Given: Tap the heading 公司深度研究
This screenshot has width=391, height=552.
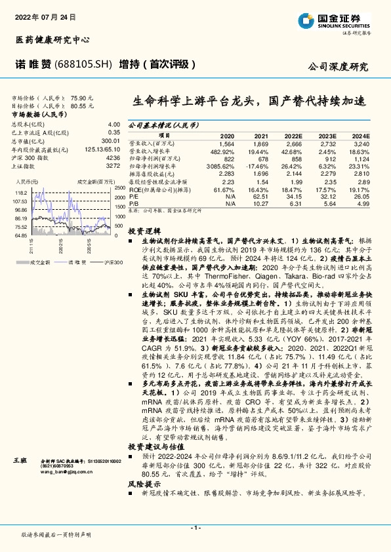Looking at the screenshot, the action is (x=338, y=67).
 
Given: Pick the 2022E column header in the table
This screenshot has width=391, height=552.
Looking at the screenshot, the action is (x=295, y=135).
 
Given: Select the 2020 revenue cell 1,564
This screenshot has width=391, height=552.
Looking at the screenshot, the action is (x=226, y=143).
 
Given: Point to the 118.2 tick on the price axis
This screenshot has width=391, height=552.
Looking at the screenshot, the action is (x=20, y=193).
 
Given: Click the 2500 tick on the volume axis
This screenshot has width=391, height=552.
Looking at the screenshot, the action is (x=119, y=187).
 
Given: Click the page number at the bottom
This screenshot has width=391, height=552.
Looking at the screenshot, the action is (x=195, y=527).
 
